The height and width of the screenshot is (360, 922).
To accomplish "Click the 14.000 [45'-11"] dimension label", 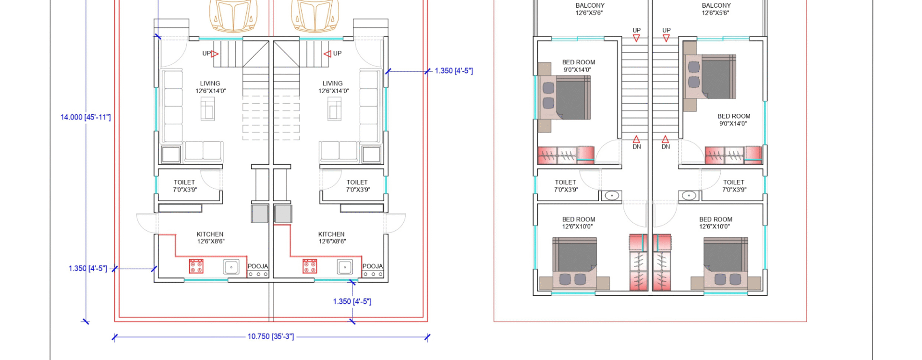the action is tap(85, 117).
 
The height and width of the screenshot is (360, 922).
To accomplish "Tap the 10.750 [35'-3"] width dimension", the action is tap(271, 336).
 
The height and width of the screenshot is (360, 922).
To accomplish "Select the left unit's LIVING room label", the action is tap(210, 84).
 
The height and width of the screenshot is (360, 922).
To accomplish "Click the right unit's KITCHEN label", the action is tap(331, 234).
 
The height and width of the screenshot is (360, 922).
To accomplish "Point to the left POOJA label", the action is tap(258, 266).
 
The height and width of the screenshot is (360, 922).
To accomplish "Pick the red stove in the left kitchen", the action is tap(196, 266).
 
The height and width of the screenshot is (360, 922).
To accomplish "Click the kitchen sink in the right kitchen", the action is tap(345, 267).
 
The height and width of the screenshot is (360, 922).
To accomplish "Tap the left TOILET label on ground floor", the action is tap(184, 182).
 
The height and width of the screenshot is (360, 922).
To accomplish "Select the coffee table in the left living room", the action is tap(208, 108).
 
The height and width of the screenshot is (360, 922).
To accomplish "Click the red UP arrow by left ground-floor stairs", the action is tap(215, 54).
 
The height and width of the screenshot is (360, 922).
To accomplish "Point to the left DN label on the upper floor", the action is tap(636, 147).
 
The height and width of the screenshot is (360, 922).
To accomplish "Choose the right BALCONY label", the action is tap(716, 6).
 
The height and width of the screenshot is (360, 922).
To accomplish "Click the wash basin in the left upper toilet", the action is tap(611, 195).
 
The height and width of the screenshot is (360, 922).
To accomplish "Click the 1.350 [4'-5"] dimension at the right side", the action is tap(454, 71).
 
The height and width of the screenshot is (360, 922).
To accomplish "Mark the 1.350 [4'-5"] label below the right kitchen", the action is tap(352, 301).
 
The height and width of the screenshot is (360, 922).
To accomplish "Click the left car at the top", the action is tap(233, 16).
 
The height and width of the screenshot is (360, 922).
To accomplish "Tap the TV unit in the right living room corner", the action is tap(372, 155).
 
